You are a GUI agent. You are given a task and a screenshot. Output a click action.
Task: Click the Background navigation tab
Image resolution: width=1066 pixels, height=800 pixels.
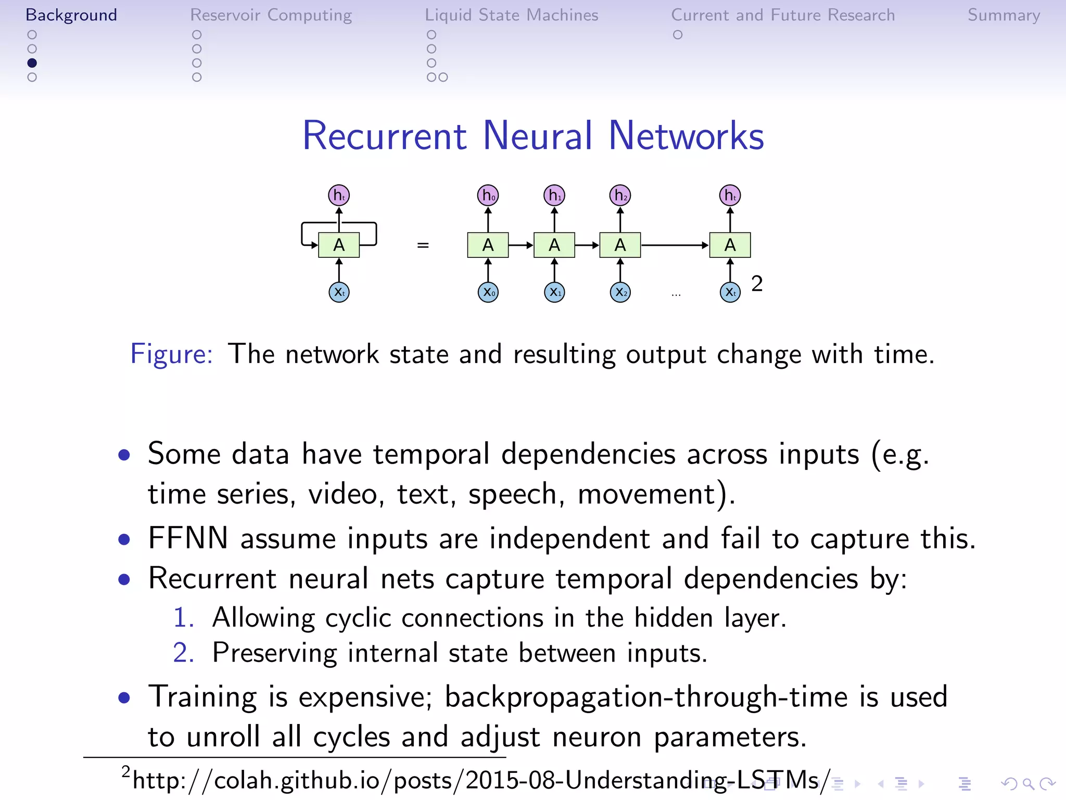coord(71,15)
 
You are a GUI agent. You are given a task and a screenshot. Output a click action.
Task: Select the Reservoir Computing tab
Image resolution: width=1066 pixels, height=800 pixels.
coord(271,15)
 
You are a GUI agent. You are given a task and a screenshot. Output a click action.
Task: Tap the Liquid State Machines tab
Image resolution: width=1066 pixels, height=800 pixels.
coord(511,15)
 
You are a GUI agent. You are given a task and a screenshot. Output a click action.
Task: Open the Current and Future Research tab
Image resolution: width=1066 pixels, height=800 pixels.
coord(782,15)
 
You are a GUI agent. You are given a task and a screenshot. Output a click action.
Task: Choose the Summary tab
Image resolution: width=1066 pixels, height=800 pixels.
coord(1004,15)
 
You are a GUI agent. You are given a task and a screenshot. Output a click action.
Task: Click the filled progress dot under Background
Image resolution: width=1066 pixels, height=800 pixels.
coord(32,63)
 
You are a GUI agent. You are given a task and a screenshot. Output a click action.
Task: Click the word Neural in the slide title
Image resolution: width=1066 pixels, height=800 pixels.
coord(538,136)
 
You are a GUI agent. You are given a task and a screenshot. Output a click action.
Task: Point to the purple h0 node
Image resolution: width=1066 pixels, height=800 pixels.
coord(488,195)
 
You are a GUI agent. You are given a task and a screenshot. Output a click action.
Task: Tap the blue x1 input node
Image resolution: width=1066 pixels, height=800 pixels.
coord(554,292)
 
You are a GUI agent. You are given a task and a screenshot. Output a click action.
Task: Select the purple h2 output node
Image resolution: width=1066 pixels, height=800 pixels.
coord(620,195)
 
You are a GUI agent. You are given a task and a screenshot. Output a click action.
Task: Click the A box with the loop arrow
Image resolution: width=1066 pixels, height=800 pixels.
coord(339,245)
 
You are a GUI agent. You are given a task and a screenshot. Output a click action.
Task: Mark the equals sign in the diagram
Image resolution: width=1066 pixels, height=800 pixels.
coord(423,245)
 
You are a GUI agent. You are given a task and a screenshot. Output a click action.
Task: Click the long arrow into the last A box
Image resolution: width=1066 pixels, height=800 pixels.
coord(675,245)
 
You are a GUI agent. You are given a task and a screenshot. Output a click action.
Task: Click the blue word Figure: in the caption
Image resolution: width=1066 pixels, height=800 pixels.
coord(171,354)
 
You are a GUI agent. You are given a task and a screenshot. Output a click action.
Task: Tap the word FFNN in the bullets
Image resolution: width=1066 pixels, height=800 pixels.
coord(188,538)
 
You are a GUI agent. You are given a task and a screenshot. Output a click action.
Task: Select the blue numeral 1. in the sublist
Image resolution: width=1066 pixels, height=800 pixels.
coord(183,618)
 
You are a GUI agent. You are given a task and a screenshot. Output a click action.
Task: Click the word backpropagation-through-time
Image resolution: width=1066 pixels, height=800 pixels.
coord(645,697)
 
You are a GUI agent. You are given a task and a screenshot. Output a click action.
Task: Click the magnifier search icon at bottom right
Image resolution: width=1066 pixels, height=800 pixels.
coord(1028,783)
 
